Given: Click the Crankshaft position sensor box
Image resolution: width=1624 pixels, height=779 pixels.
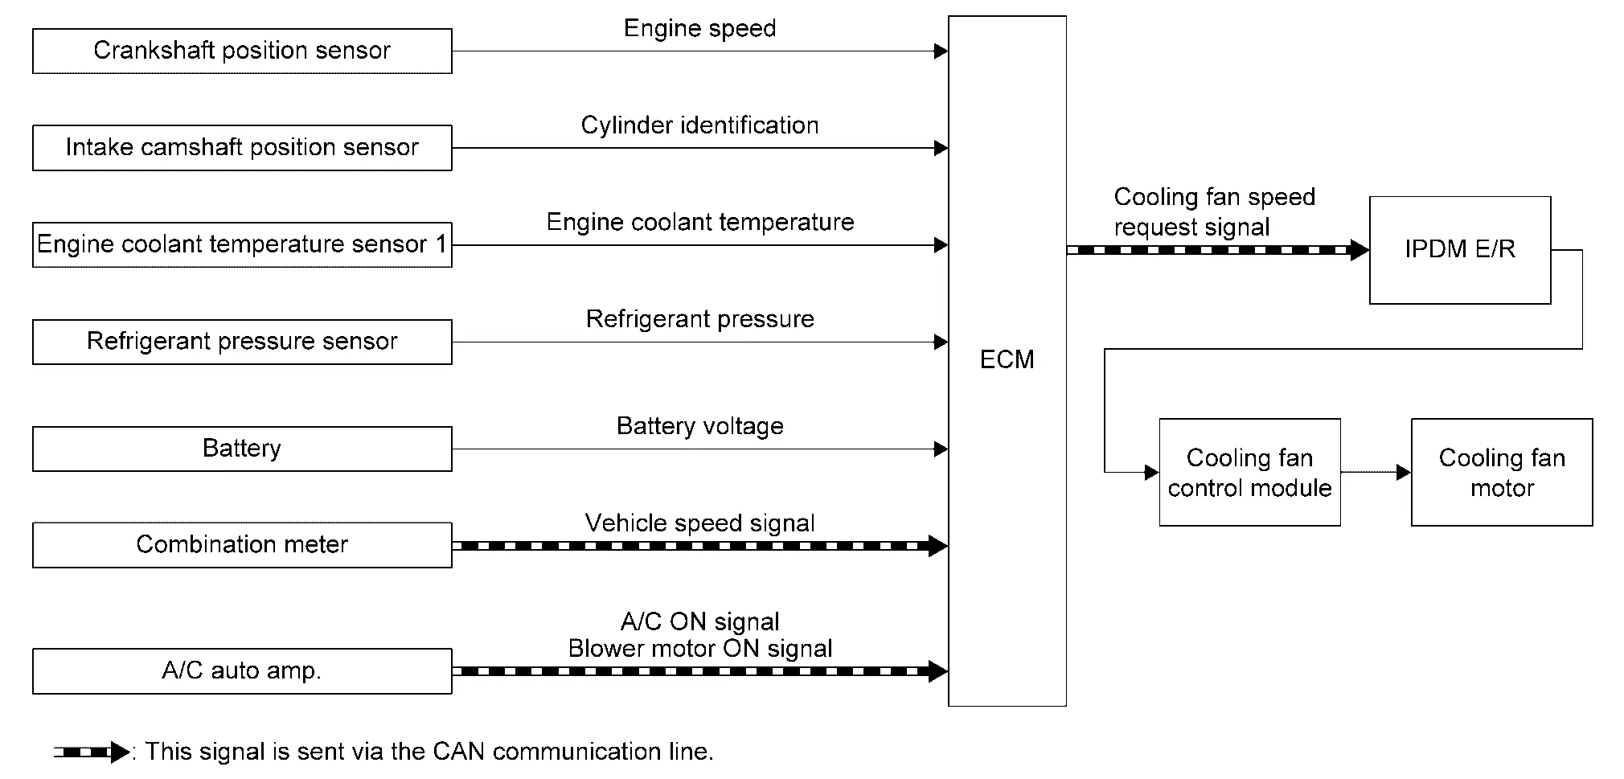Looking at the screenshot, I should click(x=242, y=51).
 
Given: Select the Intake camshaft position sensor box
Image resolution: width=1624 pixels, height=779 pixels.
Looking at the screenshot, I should click(x=242, y=148).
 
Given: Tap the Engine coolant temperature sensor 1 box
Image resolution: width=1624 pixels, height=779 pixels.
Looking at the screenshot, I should click(x=242, y=244).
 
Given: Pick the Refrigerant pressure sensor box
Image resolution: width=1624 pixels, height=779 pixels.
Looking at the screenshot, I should click(x=242, y=342).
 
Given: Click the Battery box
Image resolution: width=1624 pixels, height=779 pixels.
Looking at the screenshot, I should click(x=242, y=449).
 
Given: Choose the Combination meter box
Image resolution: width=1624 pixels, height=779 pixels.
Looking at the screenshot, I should click(x=242, y=545).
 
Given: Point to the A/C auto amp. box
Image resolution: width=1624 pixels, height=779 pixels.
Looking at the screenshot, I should click(x=242, y=671).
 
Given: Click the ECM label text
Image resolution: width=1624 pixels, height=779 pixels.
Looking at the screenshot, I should click(x=1007, y=359).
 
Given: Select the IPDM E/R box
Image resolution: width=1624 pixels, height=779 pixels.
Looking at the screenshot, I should click(x=1459, y=250).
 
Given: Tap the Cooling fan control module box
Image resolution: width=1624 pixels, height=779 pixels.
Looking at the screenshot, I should click(x=1249, y=473).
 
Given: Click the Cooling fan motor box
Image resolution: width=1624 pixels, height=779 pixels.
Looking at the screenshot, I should click(x=1502, y=473).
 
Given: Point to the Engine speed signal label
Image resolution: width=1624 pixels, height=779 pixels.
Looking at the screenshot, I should click(x=699, y=29).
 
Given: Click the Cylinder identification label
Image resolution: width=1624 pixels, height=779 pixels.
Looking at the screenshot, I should click(x=699, y=125).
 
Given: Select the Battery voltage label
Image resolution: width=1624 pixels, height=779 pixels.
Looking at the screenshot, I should click(x=699, y=426).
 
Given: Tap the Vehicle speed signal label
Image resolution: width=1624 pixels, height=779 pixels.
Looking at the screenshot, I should click(x=699, y=523).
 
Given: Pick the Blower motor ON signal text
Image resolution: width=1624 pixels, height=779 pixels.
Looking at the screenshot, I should click(x=699, y=649).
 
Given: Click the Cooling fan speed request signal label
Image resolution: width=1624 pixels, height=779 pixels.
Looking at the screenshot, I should click(x=1214, y=212).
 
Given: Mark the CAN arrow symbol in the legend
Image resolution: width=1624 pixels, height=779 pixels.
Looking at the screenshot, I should click(x=92, y=752).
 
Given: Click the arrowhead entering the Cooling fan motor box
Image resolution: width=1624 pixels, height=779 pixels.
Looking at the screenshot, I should click(x=1403, y=473).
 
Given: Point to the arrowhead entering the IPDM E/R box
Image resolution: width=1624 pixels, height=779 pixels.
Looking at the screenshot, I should click(x=1359, y=250).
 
